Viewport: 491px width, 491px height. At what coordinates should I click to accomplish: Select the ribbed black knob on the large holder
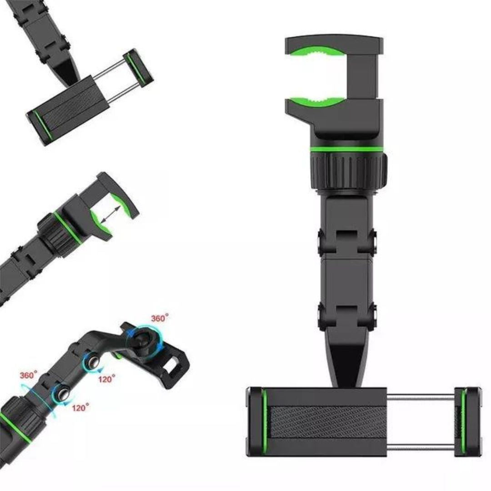pyautogui.click(x=349, y=170)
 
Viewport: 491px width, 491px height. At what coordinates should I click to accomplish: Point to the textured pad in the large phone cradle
pyautogui.click(x=328, y=422)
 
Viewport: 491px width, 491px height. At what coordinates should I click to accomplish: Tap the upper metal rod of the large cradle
pyautogui.click(x=421, y=399)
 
